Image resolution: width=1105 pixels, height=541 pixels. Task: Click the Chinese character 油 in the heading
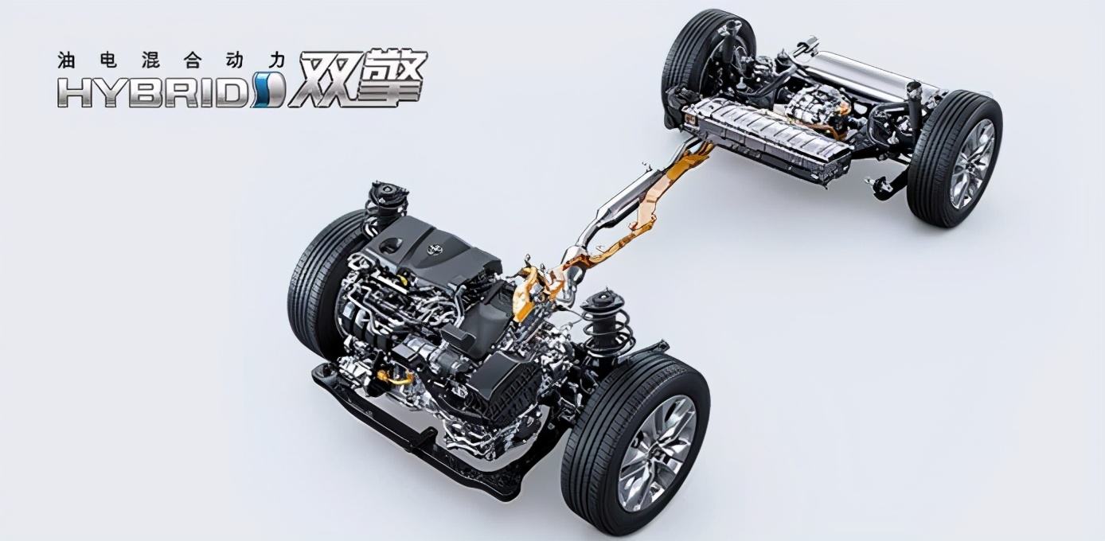point(65,60)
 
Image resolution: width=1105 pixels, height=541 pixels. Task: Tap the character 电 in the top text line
point(108,60)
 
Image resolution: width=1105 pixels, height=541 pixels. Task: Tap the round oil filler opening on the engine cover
point(392,243)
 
